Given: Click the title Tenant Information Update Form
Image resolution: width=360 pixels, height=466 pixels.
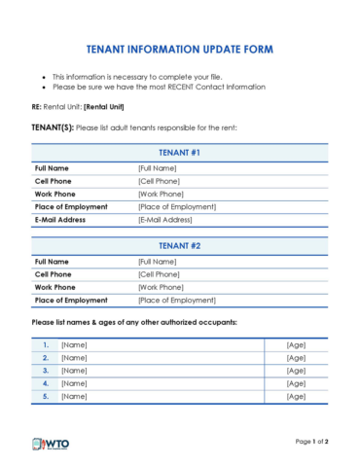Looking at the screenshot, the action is [x=179, y=49].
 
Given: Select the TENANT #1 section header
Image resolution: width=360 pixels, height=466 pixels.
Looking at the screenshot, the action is [x=179, y=152].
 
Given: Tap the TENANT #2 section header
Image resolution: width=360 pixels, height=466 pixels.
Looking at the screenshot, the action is [x=179, y=245].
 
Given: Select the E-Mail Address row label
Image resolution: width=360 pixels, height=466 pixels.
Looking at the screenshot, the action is [x=60, y=219].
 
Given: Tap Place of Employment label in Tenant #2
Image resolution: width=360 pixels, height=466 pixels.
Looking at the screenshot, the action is [x=71, y=300].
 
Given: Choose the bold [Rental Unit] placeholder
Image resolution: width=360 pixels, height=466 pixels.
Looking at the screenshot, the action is [x=108, y=107].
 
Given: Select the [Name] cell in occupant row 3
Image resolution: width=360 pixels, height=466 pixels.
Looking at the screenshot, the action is [x=74, y=371].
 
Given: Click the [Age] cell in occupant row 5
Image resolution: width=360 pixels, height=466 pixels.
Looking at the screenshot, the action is [x=296, y=396].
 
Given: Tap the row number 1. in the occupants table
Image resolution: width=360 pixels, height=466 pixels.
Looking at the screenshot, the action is [x=45, y=345].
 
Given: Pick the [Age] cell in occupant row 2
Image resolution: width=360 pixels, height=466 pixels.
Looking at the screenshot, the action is [x=296, y=358].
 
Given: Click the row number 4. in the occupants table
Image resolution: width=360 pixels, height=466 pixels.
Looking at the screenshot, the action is [x=45, y=383].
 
